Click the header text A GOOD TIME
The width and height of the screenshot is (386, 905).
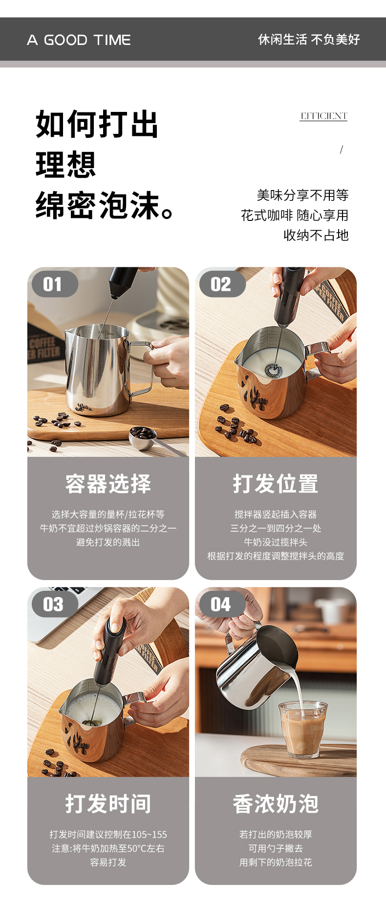(79, 40)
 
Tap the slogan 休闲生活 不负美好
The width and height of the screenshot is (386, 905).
(309, 40)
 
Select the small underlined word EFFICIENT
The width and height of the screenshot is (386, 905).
(323, 116)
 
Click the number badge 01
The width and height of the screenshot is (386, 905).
(53, 284)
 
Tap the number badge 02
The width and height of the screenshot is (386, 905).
(220, 284)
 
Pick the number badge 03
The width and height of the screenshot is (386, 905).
(53, 604)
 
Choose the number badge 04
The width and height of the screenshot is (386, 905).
(220, 604)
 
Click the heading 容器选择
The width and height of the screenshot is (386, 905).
(108, 484)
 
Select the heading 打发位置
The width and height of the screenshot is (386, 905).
(276, 484)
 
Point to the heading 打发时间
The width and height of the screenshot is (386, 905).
(108, 804)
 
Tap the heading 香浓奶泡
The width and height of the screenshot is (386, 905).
(276, 804)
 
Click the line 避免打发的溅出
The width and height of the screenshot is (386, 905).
(108, 542)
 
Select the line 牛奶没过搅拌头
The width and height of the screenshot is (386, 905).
(276, 542)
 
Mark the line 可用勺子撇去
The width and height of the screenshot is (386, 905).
(276, 848)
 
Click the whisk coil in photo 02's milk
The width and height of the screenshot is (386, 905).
(274, 370)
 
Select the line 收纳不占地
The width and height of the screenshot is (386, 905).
(316, 236)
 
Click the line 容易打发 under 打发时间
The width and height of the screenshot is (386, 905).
(108, 862)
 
